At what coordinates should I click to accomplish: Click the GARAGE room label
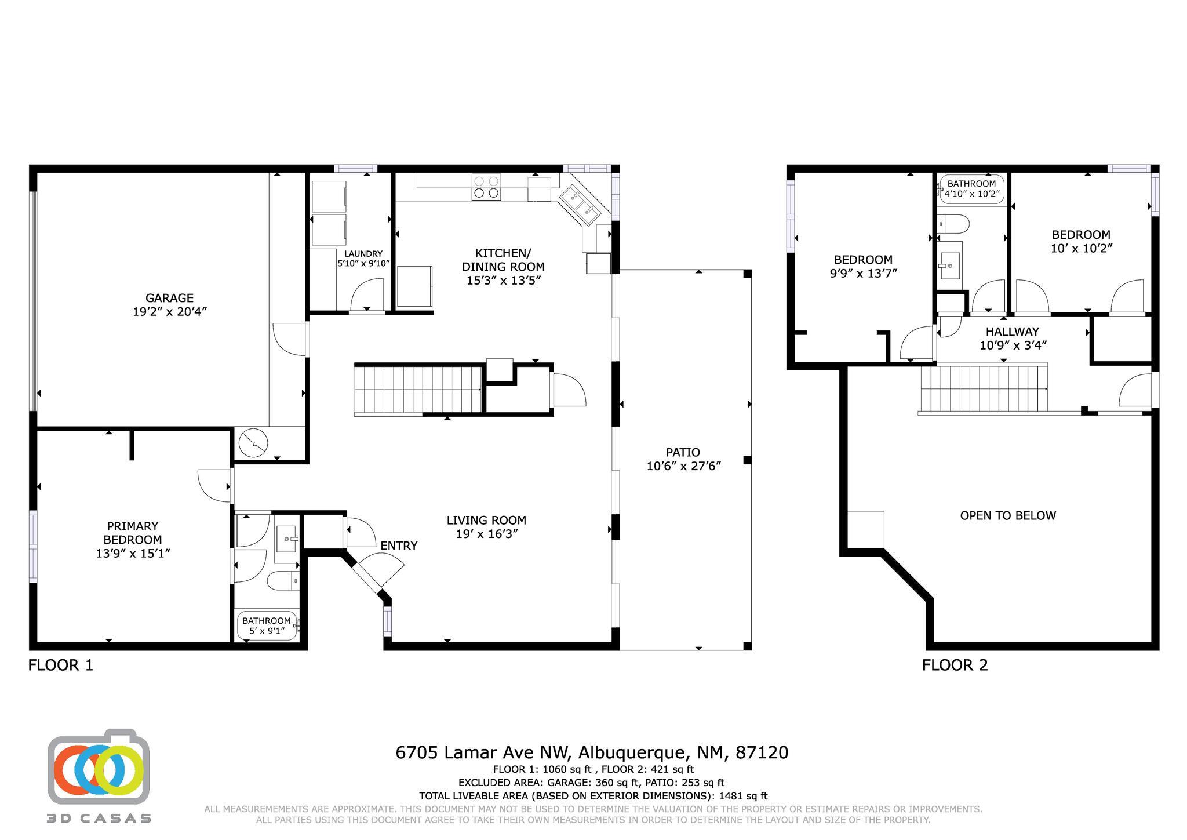(x=169, y=298)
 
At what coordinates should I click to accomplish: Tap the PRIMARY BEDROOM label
(x=133, y=533)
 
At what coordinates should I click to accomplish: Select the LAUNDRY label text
(x=363, y=254)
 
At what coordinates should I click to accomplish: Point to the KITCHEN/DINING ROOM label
(x=503, y=260)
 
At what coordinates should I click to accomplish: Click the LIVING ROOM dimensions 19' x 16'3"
(x=486, y=534)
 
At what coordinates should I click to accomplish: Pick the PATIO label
(x=683, y=452)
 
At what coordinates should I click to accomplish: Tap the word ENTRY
(x=399, y=546)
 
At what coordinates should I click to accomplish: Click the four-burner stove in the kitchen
(x=486, y=187)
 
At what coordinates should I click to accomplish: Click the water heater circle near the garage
(x=254, y=443)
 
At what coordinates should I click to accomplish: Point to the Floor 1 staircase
(x=418, y=390)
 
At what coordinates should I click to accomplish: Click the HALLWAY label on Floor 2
(x=1013, y=332)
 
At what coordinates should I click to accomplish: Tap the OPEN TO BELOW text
(x=1008, y=515)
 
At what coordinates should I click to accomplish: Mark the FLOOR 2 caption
(x=955, y=665)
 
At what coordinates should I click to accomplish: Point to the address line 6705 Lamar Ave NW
(x=484, y=752)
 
